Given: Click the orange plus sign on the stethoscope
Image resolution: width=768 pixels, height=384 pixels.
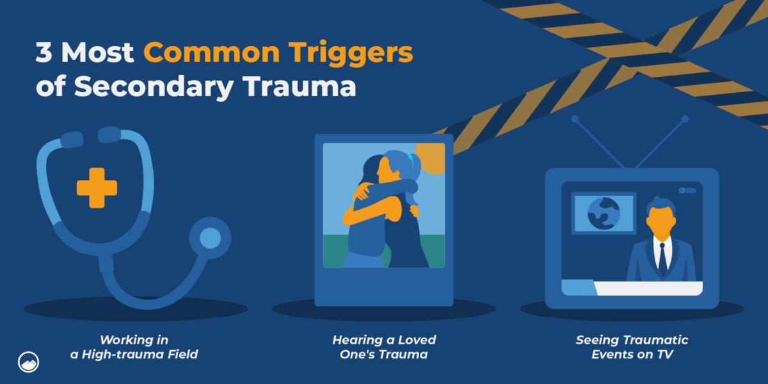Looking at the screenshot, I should [x=97, y=187].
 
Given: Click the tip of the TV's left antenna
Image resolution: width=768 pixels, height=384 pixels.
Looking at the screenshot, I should [x=575, y=119].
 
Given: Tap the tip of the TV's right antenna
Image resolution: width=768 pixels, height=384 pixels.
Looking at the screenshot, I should [x=685, y=119].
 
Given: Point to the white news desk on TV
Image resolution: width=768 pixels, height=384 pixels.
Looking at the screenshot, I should [x=646, y=288].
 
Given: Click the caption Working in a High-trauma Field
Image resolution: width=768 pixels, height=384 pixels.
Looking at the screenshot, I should [x=134, y=346].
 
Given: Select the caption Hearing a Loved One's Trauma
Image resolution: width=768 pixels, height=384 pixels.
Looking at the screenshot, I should [x=384, y=346].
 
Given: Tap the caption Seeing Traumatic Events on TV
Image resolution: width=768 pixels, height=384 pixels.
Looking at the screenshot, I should [x=632, y=346].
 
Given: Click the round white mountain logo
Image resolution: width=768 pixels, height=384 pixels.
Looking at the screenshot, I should [x=28, y=360].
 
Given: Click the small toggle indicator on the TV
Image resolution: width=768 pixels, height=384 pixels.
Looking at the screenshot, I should [x=687, y=190].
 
